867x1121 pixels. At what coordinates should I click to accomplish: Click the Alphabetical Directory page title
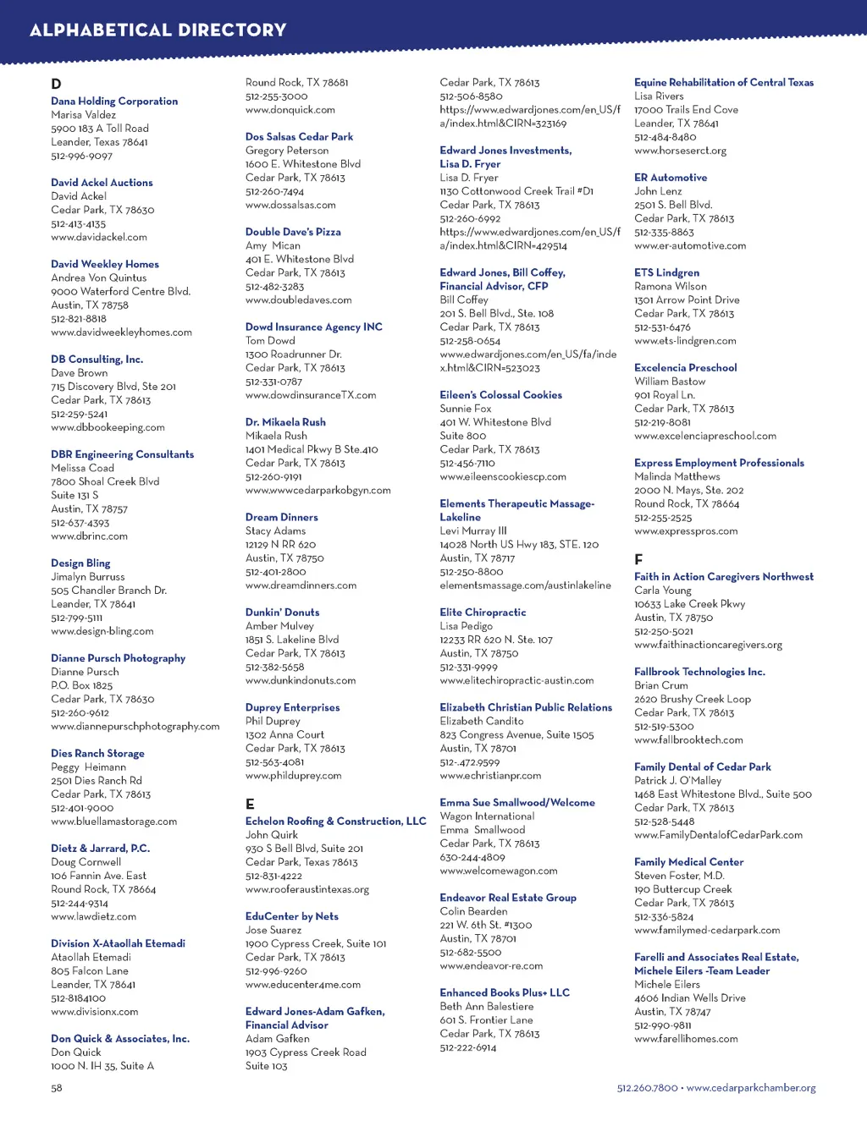pos(157,30)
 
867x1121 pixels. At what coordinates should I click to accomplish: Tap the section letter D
pos(56,84)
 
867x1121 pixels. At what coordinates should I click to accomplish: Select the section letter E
pos(250,804)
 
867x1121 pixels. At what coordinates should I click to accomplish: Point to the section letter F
pos(638,559)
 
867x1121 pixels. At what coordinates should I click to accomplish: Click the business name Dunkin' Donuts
pos(282,613)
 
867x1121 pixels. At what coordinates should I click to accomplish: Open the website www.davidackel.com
pos(98,237)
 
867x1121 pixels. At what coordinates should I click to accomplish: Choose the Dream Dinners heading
pos(281,517)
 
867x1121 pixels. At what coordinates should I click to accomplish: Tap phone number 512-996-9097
pos(81,156)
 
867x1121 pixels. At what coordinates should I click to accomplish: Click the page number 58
pos(56,1088)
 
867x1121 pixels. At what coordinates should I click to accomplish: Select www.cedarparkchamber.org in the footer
pos(751,1088)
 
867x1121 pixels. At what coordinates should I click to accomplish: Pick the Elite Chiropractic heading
pos(483,613)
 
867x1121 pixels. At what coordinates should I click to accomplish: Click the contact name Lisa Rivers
pos(659,96)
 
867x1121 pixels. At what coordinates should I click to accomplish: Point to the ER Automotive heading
pos(671,178)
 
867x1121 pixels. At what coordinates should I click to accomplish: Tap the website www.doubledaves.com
pos(298,299)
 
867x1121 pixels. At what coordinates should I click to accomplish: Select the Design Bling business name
pos(80,563)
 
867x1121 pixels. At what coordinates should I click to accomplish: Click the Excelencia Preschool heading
pos(685,368)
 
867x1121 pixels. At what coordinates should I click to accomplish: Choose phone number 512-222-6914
pos(467,1047)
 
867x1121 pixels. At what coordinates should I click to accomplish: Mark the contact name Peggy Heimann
pos(88,767)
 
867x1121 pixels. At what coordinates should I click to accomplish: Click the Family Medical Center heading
pos(688,862)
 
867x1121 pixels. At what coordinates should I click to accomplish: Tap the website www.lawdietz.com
pos(93,916)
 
